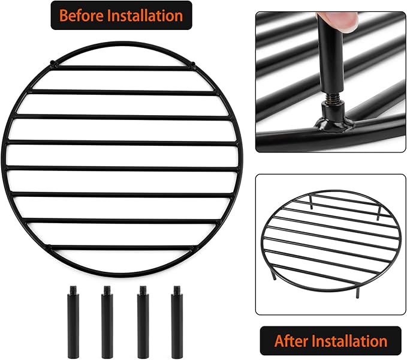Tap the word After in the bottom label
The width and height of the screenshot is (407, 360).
tap(292, 341)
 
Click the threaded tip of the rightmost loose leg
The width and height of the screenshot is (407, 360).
tap(177, 290)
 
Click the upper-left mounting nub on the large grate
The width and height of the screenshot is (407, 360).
tap(53, 62)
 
